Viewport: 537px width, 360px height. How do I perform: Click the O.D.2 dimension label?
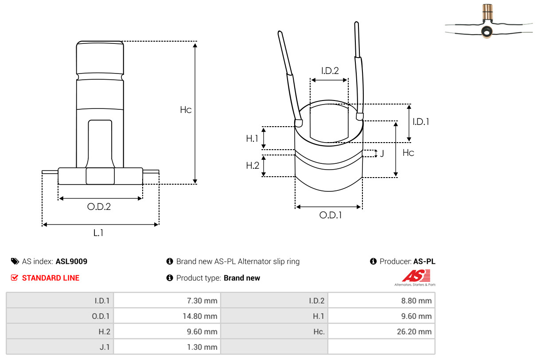[99, 206]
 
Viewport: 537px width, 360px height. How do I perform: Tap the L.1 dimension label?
[98, 232]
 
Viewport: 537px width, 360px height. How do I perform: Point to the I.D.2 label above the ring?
[330, 71]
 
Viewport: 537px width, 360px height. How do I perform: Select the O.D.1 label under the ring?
[331, 215]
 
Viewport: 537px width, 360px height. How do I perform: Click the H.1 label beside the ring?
[252, 139]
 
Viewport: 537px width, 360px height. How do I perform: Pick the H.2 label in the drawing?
[253, 165]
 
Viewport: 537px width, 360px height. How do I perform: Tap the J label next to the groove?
[382, 153]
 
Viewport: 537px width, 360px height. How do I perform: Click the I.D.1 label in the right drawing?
[421, 122]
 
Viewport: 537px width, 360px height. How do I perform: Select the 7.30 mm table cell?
[202, 301]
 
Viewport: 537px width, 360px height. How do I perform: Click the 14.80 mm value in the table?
[200, 316]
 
